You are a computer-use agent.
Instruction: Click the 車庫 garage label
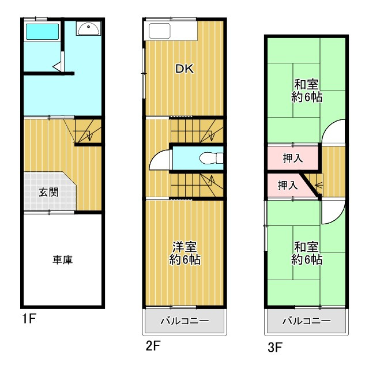pyautogui.click(x=63, y=260)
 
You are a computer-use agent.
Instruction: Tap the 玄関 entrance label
pyautogui.click(x=48, y=192)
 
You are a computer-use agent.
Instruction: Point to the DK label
pyautogui.click(x=184, y=69)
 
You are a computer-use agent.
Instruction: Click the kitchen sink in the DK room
pyautogui.click(x=159, y=31)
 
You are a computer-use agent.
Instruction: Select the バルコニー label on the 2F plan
pyautogui.click(x=184, y=321)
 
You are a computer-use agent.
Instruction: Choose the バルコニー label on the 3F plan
pyautogui.click(x=306, y=321)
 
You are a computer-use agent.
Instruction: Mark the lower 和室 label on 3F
pyautogui.click(x=307, y=253)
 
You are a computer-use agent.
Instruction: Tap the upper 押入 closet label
pyautogui.click(x=293, y=157)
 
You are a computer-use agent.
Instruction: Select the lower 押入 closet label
pyautogui.click(x=288, y=185)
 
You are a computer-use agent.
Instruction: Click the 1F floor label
pyautogui.click(x=29, y=318)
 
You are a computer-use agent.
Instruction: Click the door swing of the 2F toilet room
pyautogui.click(x=160, y=159)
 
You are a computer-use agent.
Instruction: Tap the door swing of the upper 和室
pyautogui.click(x=334, y=132)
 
